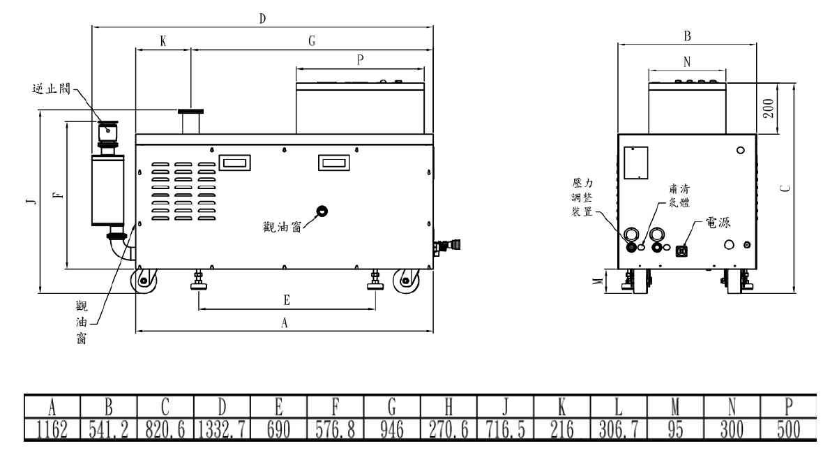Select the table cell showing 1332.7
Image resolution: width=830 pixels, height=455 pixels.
[222, 428]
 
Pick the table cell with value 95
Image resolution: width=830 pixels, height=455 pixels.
[675, 428]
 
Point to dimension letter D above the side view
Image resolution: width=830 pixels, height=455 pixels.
[262, 18]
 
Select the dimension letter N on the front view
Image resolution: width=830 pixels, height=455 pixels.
[687, 61]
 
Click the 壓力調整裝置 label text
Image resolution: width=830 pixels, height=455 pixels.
[582, 197]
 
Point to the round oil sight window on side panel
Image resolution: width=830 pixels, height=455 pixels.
[322, 211]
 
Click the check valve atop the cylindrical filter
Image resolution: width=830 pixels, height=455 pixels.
[107, 130]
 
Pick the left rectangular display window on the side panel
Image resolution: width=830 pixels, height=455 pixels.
[234, 163]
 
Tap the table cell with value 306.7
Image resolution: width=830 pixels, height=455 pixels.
[619, 428]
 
